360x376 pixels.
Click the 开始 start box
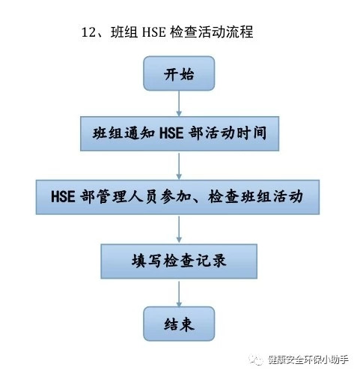[x=179, y=73]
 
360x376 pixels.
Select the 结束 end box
[x=179, y=324]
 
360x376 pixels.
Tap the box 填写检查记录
[x=179, y=261]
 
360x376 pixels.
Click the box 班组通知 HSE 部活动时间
[x=180, y=133]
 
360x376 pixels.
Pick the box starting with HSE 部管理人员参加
[x=177, y=197]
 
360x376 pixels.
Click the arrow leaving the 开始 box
[x=179, y=103]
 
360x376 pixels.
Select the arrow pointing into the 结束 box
[x=179, y=293]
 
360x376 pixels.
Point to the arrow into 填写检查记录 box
[x=179, y=229]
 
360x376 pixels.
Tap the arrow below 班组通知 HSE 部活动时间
[x=179, y=166]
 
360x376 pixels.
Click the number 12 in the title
[x=89, y=32]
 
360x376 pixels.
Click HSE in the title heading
[x=153, y=32]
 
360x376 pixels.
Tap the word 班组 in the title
[x=124, y=32]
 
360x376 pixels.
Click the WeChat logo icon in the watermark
[x=256, y=360]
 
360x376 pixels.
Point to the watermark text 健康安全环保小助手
[x=308, y=360]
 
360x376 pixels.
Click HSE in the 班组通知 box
[x=171, y=133]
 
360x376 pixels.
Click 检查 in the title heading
[x=184, y=32]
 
